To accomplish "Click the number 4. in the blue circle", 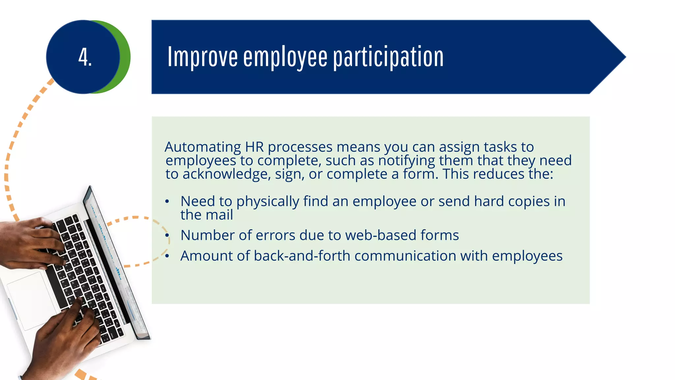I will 85,57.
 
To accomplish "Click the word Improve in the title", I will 202,57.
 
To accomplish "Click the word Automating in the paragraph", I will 203,147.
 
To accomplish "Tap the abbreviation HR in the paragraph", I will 254,147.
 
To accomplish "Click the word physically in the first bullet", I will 268,202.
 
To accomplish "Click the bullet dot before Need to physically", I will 167,201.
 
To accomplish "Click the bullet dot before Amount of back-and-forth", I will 167,256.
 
